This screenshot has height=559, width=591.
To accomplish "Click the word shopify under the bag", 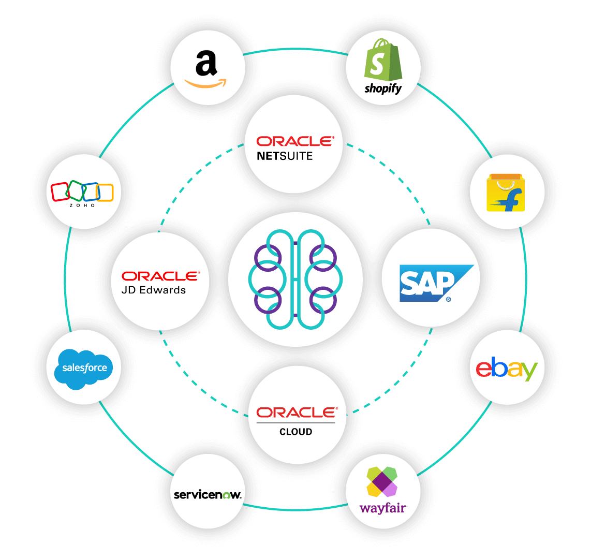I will point(383,89).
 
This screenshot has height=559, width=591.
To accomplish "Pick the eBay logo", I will point(507,369).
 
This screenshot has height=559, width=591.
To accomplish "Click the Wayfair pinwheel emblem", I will point(382,482).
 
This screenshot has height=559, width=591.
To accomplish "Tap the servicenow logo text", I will point(208,494).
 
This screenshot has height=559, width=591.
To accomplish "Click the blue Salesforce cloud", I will point(84,369).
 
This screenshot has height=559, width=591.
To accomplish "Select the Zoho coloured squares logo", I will point(83,192).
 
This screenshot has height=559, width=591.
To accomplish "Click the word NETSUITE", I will point(285,156).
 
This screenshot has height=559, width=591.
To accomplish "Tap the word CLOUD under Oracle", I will point(296,432).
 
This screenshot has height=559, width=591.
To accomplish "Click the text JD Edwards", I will point(154,290).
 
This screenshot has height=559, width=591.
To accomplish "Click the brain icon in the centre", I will point(295,279).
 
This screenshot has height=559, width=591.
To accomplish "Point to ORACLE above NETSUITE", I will point(295,141).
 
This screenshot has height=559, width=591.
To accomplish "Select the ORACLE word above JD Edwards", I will point(160,276).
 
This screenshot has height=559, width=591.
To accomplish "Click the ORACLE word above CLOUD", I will point(297,412).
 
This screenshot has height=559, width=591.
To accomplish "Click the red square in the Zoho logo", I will point(60,191).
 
